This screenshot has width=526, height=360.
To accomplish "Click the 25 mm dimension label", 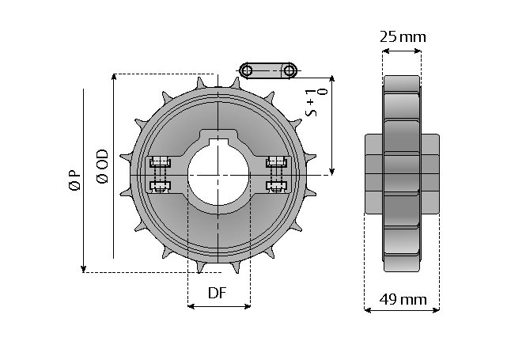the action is (403, 36).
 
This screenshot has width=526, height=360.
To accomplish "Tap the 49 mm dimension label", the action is (403, 299).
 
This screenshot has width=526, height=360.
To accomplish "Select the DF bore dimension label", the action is (218, 293).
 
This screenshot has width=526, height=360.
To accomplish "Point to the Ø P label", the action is (75, 181).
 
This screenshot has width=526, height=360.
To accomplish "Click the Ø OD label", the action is (102, 166).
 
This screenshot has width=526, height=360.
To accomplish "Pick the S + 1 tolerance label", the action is (316, 103).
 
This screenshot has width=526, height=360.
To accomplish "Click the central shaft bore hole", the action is (218, 175).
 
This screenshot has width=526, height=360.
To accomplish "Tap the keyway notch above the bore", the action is (218, 142).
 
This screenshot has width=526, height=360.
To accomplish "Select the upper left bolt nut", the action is (160, 163).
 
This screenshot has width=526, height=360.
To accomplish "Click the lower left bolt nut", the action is (160, 186).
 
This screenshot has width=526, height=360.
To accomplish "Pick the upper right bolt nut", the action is (276, 163).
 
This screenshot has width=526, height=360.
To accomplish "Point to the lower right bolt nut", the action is (276, 186).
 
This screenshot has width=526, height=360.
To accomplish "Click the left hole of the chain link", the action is (247, 70).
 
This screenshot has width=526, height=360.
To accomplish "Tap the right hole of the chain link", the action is (289, 70).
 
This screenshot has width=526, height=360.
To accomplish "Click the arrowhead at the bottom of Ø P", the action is (84, 269).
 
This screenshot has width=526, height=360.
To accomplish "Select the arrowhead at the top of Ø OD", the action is (114, 78).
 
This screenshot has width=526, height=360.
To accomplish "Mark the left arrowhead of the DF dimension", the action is (191, 306).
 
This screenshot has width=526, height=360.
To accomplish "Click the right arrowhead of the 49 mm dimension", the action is (435, 310).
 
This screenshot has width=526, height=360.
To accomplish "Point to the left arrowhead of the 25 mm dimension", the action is (386, 51).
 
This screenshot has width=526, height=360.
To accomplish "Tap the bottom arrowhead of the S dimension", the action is (331, 171).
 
